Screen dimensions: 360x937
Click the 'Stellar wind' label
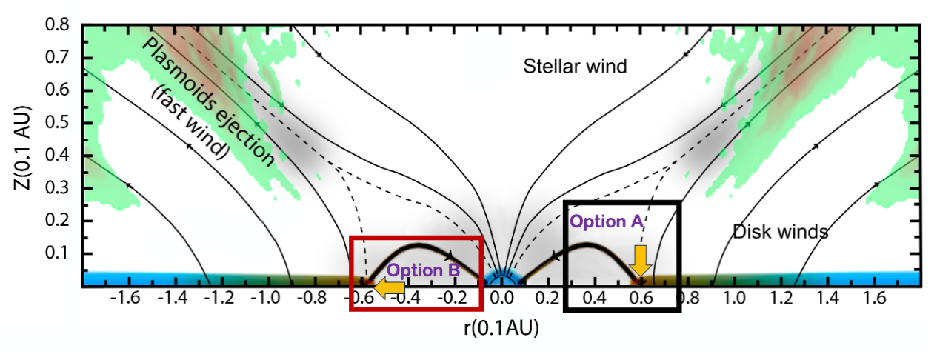[x=575, y=67]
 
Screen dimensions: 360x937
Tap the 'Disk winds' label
[x=780, y=232]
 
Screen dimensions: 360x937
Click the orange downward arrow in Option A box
[x=641, y=259]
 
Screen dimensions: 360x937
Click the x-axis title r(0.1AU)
[x=501, y=329]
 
